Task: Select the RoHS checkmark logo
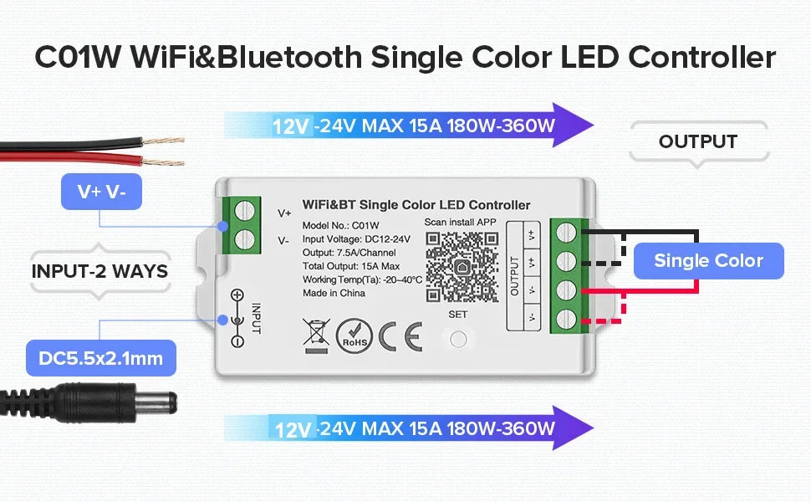tap(354, 335)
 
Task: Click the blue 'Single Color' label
tap(708, 261)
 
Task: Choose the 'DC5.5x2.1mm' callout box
tap(100, 360)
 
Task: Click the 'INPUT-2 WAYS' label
tap(100, 271)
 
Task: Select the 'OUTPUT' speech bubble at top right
tap(697, 141)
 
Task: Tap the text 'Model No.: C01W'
tap(341, 225)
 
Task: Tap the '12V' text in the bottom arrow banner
tap(293, 429)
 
